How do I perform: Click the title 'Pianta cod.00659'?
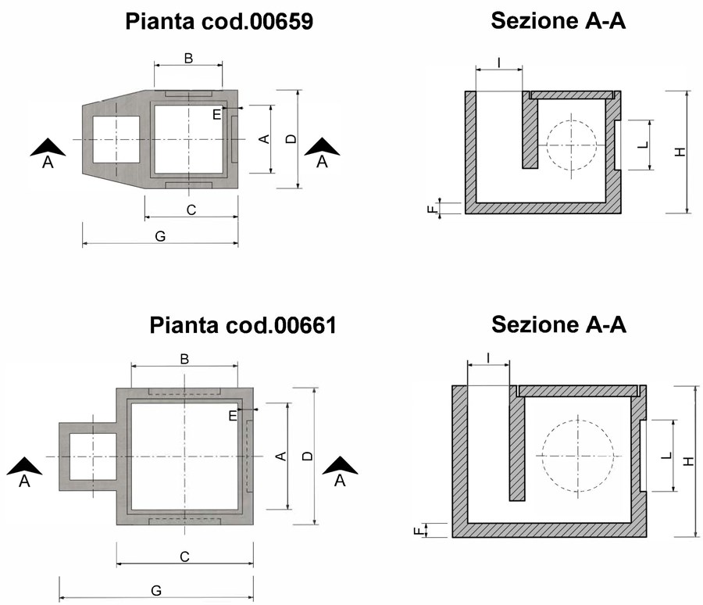point(219,21)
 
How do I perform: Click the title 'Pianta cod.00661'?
point(243,324)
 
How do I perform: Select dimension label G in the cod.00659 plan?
point(159,236)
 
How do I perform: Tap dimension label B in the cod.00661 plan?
point(184,359)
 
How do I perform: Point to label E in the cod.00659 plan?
point(216,114)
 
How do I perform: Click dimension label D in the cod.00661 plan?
point(307,456)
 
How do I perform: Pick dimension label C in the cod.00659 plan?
point(191,209)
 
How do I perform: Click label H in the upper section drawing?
point(680,152)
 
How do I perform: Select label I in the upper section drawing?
point(498,62)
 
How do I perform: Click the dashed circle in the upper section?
point(574,145)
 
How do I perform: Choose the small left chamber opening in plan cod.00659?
point(116,139)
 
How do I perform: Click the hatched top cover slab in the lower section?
point(577,389)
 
